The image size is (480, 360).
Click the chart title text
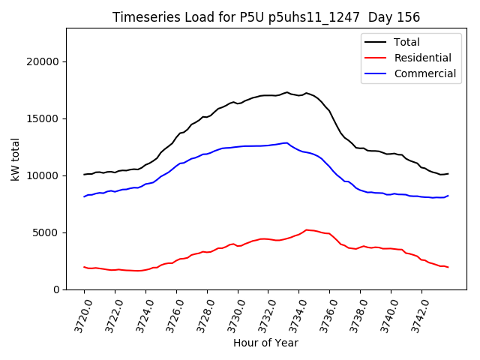point(266,17)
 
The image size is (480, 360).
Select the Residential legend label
point(422,58)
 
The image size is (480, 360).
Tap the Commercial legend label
point(424,73)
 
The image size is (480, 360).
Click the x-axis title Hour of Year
point(265,343)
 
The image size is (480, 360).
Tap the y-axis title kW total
point(16,159)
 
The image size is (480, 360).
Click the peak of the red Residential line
point(306,229)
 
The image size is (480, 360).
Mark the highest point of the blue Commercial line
point(286,142)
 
